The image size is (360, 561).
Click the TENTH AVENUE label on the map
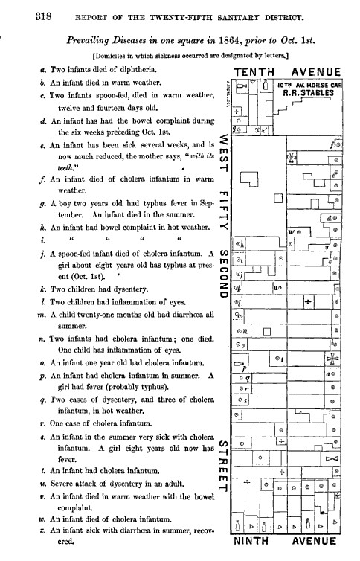pos(286,72)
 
